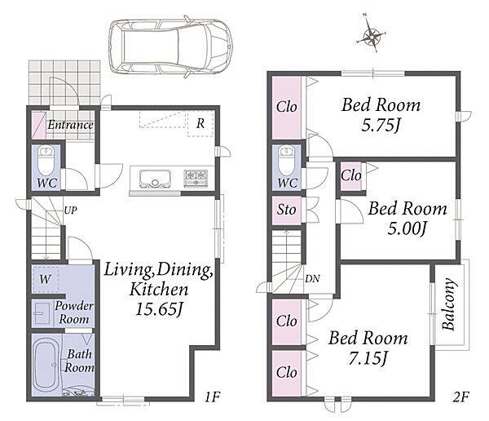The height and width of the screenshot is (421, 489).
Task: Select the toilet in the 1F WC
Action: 46,162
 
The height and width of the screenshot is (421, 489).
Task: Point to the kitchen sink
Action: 155,179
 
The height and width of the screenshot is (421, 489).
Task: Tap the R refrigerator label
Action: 200,124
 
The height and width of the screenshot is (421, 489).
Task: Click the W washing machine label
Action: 45,279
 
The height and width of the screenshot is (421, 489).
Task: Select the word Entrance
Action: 70,125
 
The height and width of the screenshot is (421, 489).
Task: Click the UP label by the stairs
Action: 70,210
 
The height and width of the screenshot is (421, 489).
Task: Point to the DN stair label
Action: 312,278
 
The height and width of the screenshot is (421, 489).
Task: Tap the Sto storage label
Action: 286,210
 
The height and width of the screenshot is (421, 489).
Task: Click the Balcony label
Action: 449,304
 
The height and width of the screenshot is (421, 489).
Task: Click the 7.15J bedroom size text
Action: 368,359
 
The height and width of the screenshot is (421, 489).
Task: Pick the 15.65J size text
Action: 159,309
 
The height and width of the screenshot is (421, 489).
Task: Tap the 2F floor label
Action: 460,397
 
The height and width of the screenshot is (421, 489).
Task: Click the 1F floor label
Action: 213,397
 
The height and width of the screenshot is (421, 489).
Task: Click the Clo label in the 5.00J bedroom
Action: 351,175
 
